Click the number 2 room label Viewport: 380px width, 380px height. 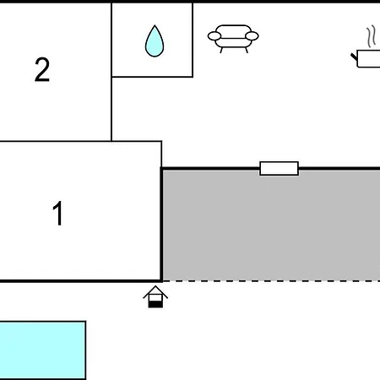[x=42, y=69]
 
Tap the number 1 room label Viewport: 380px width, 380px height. [x=58, y=213]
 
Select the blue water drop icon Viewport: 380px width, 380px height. [x=155, y=41]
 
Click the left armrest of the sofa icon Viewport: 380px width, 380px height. [x=214, y=36]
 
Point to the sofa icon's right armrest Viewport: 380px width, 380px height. [x=252, y=36]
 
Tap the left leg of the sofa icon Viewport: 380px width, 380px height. [x=221, y=50]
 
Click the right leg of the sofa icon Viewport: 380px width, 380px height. [x=247, y=50]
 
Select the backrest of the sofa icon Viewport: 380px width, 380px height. [x=233, y=31]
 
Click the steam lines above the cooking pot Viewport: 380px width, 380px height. [x=372, y=36]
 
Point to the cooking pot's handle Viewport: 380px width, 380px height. [x=354, y=57]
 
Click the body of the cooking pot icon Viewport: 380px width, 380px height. [x=368, y=59]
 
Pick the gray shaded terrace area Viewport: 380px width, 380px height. [x=272, y=225]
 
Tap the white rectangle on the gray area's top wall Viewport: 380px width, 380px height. [x=279, y=168]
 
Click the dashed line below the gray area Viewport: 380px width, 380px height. [x=272, y=280]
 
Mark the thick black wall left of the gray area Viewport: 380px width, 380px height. [x=161, y=225]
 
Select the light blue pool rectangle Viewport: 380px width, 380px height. [x=42, y=350]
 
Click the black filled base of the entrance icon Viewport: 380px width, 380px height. [x=155, y=304]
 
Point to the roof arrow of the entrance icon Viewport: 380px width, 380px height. [x=155, y=292]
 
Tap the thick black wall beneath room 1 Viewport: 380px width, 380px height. [x=81, y=281]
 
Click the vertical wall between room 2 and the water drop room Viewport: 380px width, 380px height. [x=111, y=72]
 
